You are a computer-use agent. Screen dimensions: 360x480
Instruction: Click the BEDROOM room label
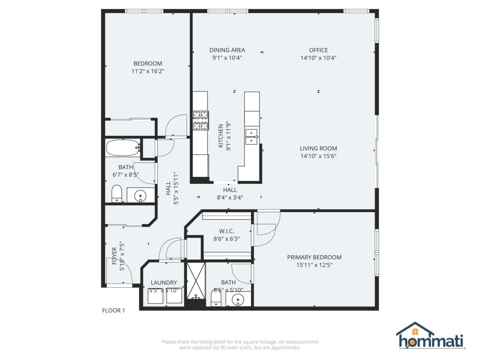click(x=148, y=63)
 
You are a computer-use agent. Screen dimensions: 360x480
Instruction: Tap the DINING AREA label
click(x=227, y=50)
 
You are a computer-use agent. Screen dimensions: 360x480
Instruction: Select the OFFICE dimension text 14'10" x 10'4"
click(x=318, y=58)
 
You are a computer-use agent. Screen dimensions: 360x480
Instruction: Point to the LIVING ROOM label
click(x=318, y=148)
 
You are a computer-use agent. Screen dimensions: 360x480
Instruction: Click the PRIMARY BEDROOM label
click(x=314, y=257)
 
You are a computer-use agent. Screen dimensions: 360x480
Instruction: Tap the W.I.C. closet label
click(x=226, y=231)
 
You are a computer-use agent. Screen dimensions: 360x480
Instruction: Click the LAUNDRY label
click(x=163, y=282)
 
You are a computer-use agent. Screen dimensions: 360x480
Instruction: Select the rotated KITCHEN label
click(x=221, y=136)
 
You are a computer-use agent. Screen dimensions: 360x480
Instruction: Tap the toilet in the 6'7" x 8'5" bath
click(x=117, y=193)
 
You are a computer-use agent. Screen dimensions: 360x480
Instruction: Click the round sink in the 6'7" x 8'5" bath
click(x=140, y=195)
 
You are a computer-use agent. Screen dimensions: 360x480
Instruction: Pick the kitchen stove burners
click(x=201, y=120)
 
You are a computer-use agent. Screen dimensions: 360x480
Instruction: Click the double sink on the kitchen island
click(x=251, y=137)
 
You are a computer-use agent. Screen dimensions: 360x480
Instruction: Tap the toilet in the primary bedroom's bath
click(x=216, y=299)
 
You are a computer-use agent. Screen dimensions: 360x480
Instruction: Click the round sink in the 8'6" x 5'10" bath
click(x=238, y=300)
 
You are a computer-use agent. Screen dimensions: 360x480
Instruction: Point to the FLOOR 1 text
click(x=114, y=310)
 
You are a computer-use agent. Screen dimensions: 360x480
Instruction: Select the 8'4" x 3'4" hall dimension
click(x=230, y=198)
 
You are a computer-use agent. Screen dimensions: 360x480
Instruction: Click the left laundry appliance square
click(x=155, y=296)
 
